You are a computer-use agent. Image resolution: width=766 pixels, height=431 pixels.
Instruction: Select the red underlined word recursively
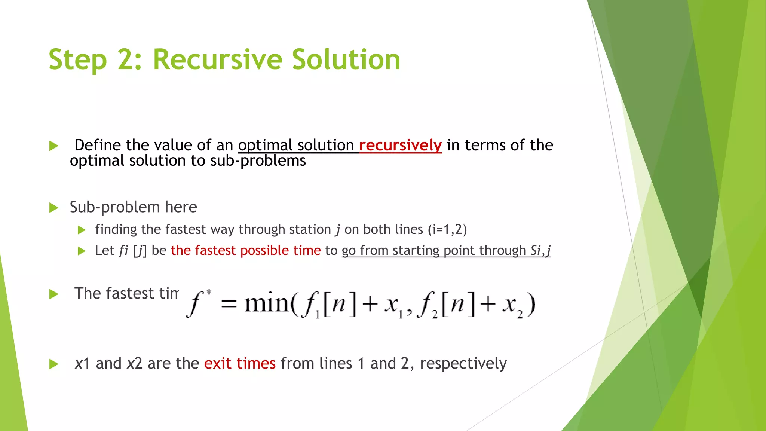pos(400,145)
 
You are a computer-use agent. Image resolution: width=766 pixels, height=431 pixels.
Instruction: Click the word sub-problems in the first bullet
pos(258,161)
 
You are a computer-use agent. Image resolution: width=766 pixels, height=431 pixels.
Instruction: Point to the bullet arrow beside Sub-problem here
pos(54,208)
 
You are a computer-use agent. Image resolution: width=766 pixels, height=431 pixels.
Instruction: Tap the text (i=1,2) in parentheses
pos(447,229)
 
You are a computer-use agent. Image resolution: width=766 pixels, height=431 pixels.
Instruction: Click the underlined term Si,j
pos(540,250)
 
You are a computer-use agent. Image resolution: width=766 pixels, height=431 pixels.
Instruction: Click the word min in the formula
pos(266,304)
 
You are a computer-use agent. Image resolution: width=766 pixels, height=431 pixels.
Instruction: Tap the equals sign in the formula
pos(229,304)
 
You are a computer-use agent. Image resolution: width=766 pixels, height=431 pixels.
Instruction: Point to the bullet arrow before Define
pos(54,146)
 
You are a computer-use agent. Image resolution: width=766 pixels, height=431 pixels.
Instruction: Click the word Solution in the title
pos(346,60)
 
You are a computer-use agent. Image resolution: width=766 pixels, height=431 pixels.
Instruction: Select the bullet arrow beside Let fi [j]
pos(82,251)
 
